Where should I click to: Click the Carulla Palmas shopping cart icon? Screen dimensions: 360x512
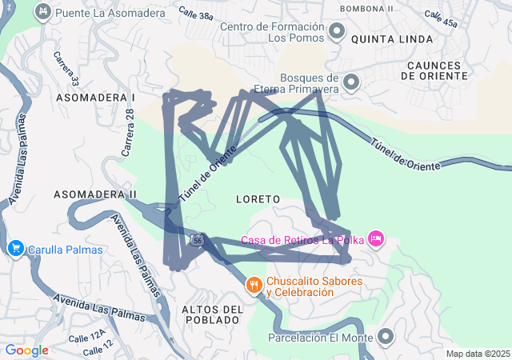point(15,249)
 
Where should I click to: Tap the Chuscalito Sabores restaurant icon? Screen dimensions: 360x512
point(254,284)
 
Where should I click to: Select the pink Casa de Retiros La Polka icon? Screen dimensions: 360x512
point(376,238)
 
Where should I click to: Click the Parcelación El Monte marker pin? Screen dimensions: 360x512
point(386,337)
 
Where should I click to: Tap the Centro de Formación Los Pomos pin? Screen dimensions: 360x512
point(338,32)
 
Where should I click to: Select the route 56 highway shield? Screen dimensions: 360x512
point(197,239)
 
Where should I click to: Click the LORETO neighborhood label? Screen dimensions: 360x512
point(258,198)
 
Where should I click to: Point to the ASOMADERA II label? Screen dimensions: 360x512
point(95,194)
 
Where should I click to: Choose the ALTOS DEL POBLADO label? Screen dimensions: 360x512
point(211,314)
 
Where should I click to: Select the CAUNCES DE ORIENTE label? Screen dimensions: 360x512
point(436,70)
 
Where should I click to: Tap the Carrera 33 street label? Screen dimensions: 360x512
point(66,69)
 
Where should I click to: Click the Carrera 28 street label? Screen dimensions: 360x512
point(127,133)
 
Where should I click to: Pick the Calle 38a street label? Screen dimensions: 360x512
point(196,15)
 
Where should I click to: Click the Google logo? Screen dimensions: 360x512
point(26,350)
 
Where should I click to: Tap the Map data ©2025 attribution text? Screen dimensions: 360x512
point(478,354)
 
